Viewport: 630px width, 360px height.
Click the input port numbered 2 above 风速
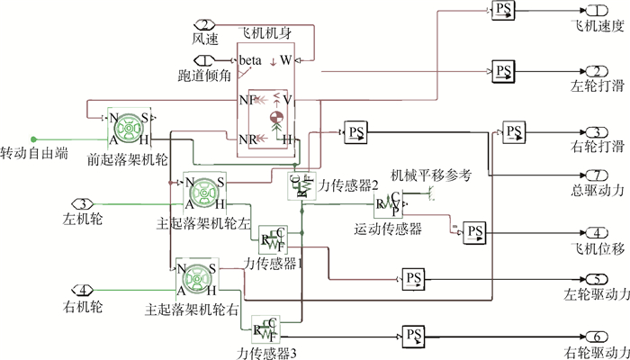(x=205, y=24)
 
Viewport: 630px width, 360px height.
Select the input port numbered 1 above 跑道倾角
(x=196, y=61)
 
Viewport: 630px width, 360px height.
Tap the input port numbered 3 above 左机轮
(x=83, y=203)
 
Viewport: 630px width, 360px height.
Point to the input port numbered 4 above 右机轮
(x=83, y=290)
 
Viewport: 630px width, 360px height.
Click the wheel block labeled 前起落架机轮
(x=130, y=128)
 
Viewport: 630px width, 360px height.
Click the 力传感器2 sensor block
(x=301, y=186)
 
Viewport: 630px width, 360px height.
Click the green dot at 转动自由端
(x=33, y=139)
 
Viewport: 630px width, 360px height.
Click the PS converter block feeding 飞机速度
(x=502, y=10)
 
